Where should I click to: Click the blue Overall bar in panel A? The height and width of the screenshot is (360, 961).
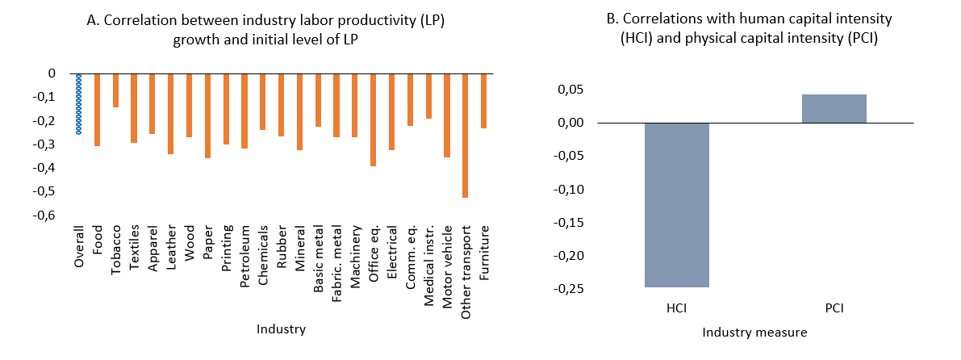pyautogui.click(x=78, y=103)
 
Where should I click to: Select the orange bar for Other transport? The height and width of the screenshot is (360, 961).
pyautogui.click(x=465, y=135)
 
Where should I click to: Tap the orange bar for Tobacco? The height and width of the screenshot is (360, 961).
pyautogui.click(x=115, y=90)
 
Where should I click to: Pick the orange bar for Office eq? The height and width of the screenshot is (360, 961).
pyautogui.click(x=373, y=119)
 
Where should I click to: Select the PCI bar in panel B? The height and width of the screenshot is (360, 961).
pyautogui.click(x=834, y=109)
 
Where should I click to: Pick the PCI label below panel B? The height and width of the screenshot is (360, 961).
pyautogui.click(x=834, y=308)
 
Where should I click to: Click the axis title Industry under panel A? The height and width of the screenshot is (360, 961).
pyautogui.click(x=281, y=329)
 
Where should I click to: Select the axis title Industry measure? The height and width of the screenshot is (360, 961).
pyautogui.click(x=754, y=332)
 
